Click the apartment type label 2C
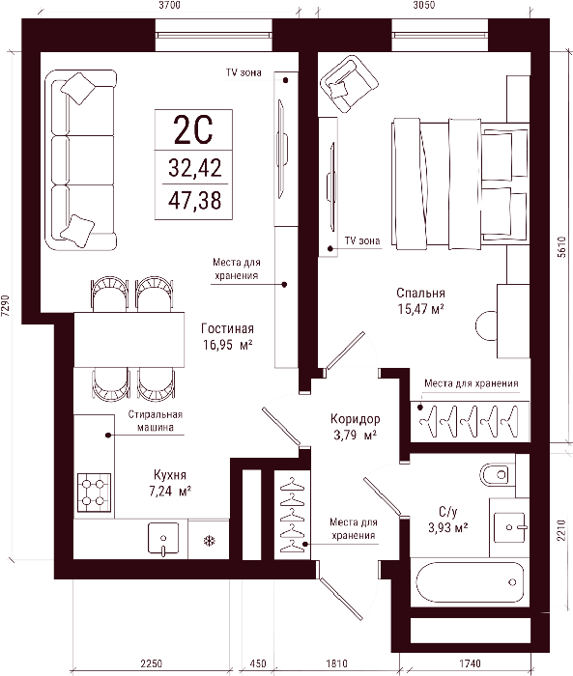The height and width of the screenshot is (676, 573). click(x=193, y=129)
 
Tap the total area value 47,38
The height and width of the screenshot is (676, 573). click(x=194, y=201)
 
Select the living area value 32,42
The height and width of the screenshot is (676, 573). click(x=194, y=168)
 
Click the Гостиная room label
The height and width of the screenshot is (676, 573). click(x=227, y=329)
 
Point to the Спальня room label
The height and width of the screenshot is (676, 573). click(x=420, y=294)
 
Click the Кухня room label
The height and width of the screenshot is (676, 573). click(x=170, y=475)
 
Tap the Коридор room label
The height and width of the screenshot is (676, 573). click(x=355, y=418)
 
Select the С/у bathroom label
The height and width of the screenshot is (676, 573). click(x=448, y=512)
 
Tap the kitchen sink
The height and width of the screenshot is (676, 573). click(x=163, y=539)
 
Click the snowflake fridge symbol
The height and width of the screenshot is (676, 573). click(x=210, y=541)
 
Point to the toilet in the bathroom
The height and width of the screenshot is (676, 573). click(x=498, y=475)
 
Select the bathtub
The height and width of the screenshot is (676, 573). click(x=470, y=582)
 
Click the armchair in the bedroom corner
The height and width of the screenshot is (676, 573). click(x=349, y=84)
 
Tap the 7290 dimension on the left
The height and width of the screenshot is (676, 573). click(x=5, y=306)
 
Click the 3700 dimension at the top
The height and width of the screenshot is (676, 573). click(x=169, y=5)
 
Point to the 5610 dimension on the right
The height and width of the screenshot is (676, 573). click(x=560, y=247)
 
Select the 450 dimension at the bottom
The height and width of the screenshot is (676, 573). click(x=258, y=663)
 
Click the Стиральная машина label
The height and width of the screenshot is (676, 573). click(x=156, y=421)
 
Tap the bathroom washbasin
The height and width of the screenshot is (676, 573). click(x=510, y=527)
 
